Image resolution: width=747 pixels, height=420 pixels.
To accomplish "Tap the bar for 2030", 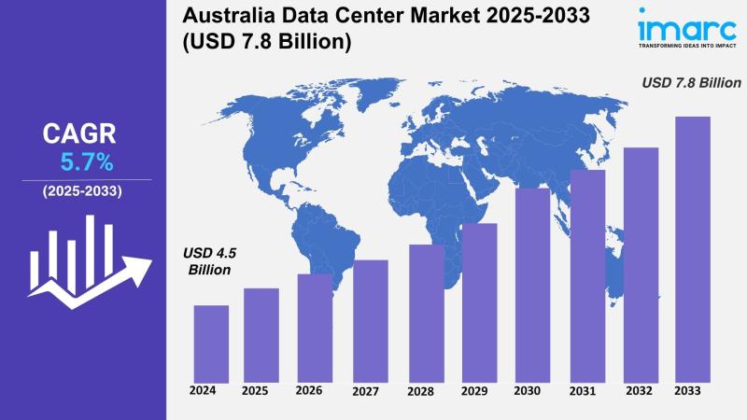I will pos(532,285).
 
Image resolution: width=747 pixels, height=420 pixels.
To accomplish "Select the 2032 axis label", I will pos(640,390).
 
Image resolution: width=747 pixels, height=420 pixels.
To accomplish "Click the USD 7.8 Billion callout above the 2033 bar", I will pos(691,83).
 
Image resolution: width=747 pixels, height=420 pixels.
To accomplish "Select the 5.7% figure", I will pos(87,162).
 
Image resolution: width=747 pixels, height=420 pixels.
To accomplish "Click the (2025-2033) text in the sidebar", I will pos(82,191).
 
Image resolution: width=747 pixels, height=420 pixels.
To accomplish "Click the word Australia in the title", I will pos(226,16).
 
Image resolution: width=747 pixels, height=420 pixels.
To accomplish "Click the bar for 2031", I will pos(587,275).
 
